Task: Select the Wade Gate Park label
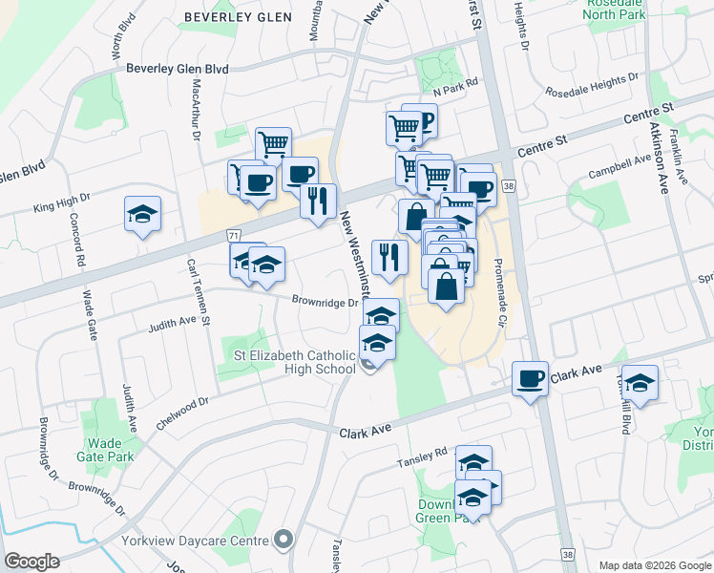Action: [x=110, y=450]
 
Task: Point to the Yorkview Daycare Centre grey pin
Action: [x=283, y=541]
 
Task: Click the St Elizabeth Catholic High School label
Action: [x=295, y=362]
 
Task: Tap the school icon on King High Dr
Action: [x=142, y=214]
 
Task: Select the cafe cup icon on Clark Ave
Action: [x=531, y=379]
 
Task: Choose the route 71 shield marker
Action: [x=233, y=235]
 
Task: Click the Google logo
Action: [x=31, y=561]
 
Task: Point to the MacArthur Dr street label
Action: [x=197, y=110]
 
